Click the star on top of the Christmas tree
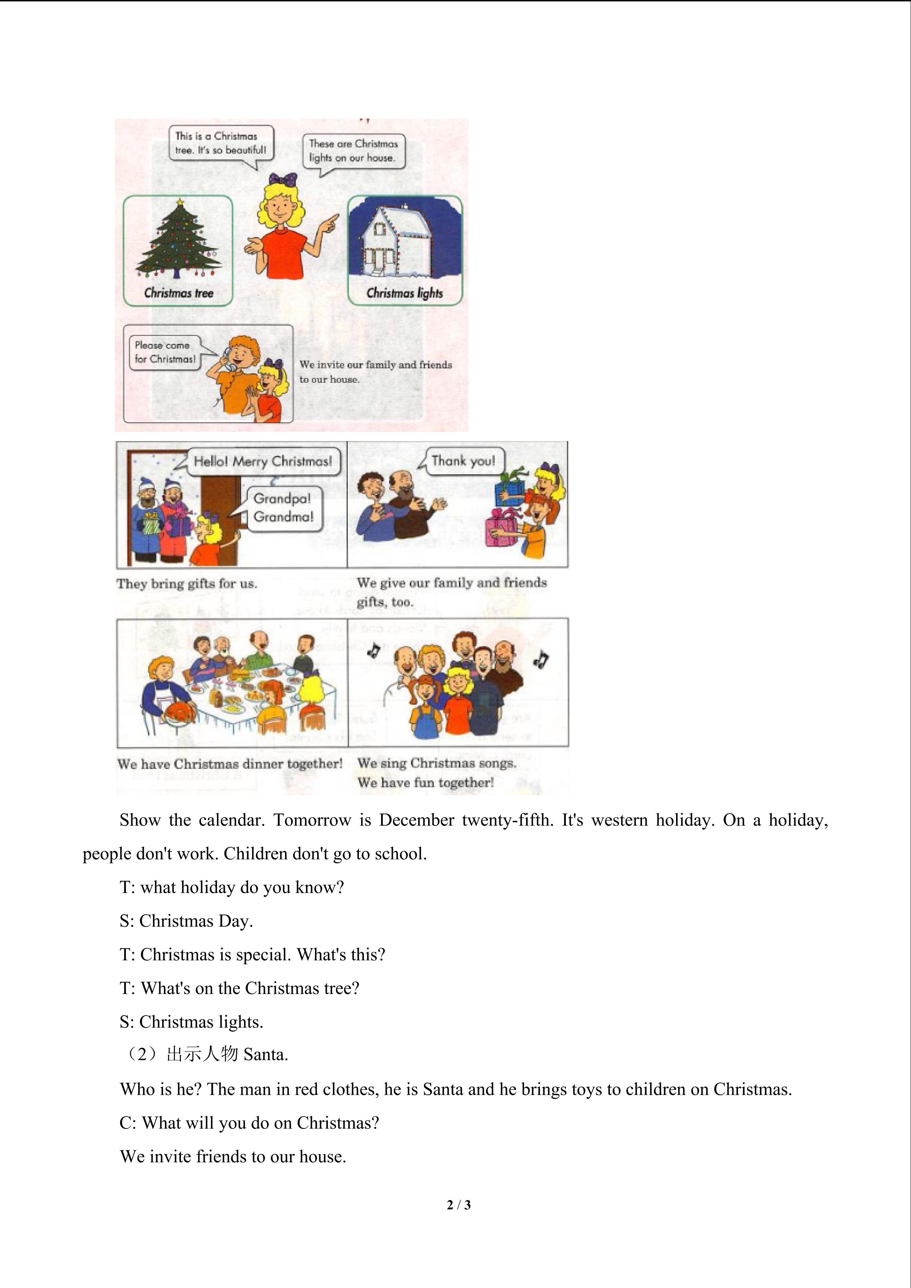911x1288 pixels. (x=179, y=201)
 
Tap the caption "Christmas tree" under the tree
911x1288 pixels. (x=178, y=293)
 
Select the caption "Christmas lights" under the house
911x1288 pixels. (x=404, y=293)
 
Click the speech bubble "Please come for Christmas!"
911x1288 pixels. (x=165, y=352)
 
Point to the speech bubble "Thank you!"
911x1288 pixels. (x=463, y=461)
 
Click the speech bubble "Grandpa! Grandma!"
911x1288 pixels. (x=283, y=508)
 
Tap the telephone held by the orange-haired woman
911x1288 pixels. (x=228, y=360)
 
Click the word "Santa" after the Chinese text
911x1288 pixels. (x=265, y=1055)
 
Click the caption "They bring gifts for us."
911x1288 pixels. (x=187, y=584)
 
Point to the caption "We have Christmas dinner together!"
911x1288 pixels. (x=230, y=764)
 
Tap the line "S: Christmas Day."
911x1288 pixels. (x=186, y=921)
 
